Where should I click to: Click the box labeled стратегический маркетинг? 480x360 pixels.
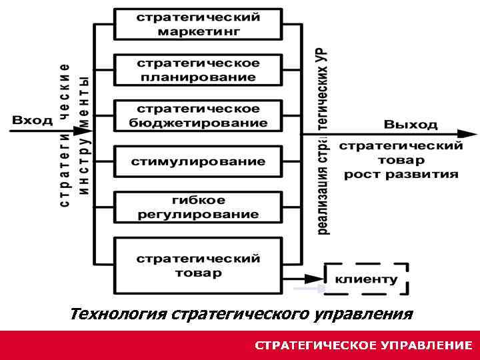198,24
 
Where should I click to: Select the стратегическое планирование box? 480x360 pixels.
198,70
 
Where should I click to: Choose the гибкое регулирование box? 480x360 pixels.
198,207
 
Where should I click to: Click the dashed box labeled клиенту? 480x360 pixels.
366,279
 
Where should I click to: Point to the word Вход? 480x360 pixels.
32,121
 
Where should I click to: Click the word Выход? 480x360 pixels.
411,124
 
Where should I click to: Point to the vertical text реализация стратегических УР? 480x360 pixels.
323,140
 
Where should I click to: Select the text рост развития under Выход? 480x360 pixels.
401,175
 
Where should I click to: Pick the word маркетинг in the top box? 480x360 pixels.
198,31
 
